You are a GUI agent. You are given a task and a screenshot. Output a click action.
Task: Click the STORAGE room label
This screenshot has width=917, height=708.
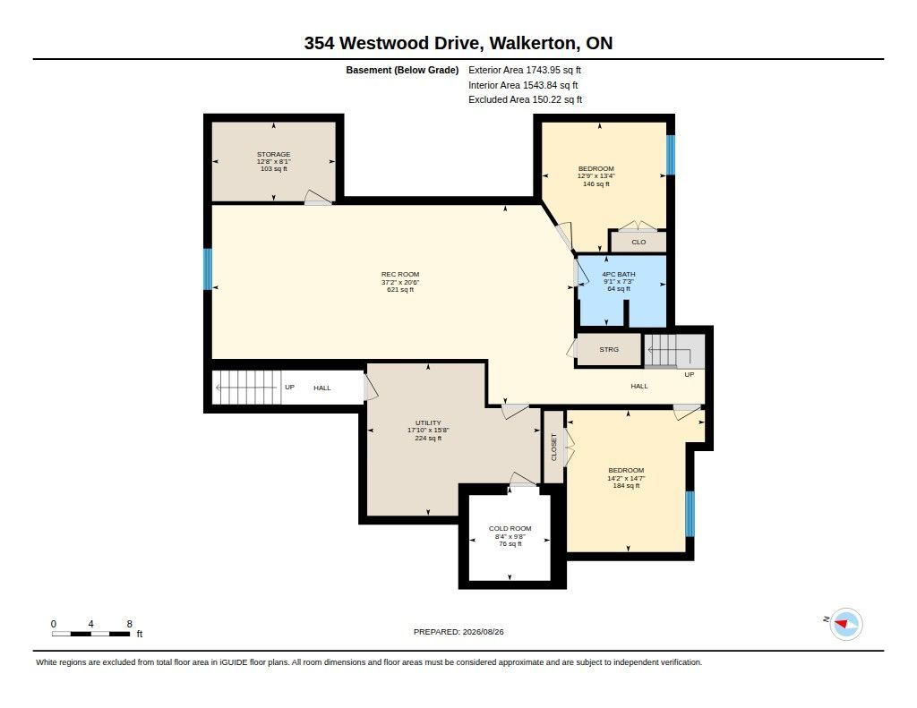click(x=274, y=154)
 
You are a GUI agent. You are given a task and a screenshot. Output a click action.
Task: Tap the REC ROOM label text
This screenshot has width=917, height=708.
click(x=400, y=274)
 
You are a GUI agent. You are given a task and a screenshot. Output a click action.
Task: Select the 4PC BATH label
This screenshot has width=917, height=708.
click(x=619, y=274)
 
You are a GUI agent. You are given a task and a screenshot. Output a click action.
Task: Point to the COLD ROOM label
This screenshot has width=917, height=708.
click(x=510, y=528)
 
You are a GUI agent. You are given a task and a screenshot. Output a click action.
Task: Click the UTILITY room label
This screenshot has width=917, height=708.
click(x=428, y=422)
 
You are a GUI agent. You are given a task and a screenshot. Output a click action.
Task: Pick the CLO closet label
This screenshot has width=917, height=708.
click(x=638, y=242)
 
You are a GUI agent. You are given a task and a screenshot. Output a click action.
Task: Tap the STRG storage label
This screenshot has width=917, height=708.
click(x=609, y=350)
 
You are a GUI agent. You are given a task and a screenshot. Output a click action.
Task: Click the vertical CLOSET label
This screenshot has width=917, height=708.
click(x=554, y=447)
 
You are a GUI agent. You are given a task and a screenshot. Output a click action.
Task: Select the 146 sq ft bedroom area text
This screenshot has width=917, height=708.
click(x=596, y=184)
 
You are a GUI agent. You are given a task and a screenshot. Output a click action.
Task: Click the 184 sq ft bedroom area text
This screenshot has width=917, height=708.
click(x=626, y=485)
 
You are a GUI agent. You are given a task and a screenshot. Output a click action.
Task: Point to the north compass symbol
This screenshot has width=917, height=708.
click(x=845, y=624)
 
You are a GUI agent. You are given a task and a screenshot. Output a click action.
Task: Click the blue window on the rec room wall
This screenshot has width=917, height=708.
click(x=207, y=269)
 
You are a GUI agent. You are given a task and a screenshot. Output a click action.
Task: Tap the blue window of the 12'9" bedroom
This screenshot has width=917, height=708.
click(x=671, y=155)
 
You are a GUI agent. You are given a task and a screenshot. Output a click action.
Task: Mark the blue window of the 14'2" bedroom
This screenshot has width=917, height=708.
click(x=690, y=514)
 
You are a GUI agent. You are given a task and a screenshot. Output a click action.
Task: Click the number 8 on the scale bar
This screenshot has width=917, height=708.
click(x=129, y=624)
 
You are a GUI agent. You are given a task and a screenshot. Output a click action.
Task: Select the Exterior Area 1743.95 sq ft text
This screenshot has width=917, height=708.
click(x=525, y=70)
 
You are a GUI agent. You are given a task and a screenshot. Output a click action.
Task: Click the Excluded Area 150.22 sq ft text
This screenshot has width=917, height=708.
click(x=525, y=100)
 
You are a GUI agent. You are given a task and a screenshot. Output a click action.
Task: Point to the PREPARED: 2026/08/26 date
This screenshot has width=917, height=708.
click(x=458, y=632)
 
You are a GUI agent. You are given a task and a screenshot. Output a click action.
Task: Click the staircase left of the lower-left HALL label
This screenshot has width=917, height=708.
click(x=246, y=388)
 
